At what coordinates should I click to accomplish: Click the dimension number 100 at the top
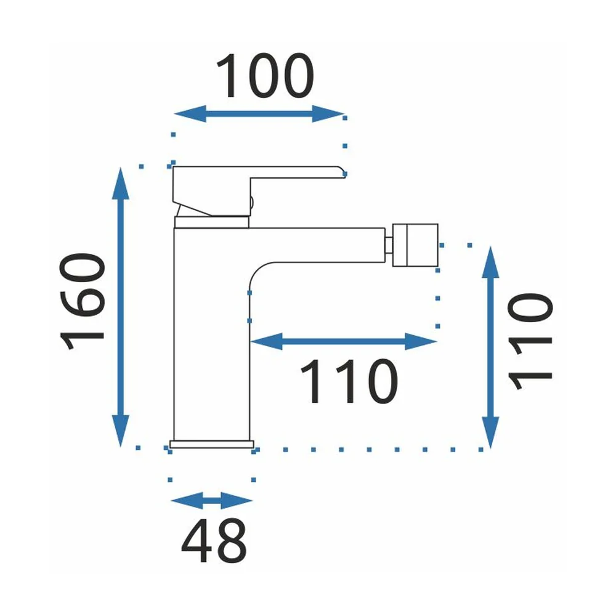[x=265, y=75]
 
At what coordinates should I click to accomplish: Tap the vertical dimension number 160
[x=82, y=301]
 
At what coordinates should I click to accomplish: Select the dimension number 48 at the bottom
[x=214, y=541]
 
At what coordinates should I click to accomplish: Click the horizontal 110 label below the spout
[x=349, y=381]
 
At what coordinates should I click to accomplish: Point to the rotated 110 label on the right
[x=530, y=341]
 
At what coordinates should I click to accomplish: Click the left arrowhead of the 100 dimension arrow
[x=190, y=114]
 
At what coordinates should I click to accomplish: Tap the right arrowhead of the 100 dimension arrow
[x=328, y=114]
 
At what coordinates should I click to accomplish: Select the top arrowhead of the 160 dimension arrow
[x=121, y=184]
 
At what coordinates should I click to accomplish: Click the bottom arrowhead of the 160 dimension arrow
[x=121, y=431]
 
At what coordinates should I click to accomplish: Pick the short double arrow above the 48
[x=212, y=500]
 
